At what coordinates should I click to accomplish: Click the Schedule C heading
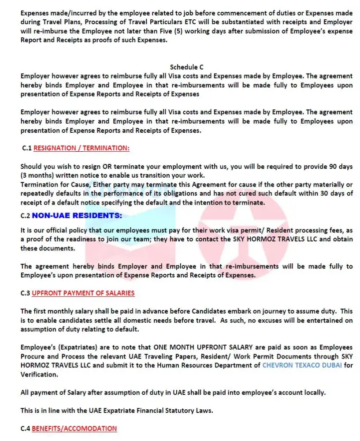point(186,67)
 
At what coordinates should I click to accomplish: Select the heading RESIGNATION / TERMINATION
point(82,148)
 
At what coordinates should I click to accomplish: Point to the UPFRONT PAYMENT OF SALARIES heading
point(83,293)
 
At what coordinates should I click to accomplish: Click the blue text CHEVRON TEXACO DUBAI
point(302,365)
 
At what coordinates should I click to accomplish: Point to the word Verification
point(39,374)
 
